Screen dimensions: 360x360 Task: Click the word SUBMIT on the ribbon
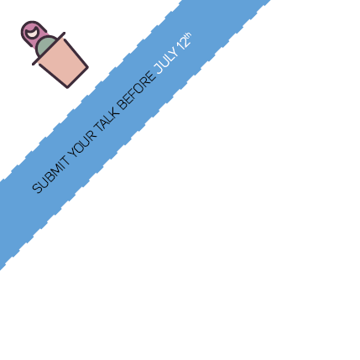click(50, 175)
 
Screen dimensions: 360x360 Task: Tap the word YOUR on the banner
click(82, 144)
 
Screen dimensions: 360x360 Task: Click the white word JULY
click(166, 60)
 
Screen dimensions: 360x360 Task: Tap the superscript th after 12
click(188, 36)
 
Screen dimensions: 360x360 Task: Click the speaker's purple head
click(33, 33)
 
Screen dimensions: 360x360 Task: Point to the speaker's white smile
click(32, 32)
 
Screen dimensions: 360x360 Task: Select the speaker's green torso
click(44, 46)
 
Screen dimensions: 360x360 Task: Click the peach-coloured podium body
click(63, 63)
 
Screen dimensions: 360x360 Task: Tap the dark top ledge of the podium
click(49, 49)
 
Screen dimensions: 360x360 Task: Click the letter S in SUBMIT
click(37, 188)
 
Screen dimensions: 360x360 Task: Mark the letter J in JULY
click(159, 70)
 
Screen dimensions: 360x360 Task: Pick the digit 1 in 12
click(180, 48)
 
